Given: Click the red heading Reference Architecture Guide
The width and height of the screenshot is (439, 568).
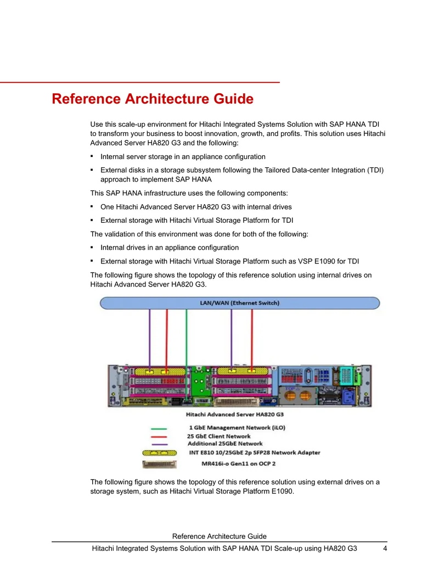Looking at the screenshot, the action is click(153, 99).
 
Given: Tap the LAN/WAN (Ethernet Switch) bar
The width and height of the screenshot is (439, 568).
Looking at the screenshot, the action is click(240, 303).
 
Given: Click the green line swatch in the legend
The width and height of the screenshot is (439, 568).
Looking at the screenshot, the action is click(159, 429).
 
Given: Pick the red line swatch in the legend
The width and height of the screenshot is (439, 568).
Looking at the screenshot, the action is click(159, 436).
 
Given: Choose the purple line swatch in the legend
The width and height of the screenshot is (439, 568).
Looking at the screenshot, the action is click(159, 444).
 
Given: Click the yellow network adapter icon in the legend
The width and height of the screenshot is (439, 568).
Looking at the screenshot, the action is click(159, 453).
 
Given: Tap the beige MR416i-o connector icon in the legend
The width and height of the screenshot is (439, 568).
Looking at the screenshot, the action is click(159, 464).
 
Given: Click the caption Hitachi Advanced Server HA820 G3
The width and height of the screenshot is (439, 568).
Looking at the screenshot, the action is click(235, 414).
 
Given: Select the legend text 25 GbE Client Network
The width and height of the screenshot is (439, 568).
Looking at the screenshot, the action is click(219, 436).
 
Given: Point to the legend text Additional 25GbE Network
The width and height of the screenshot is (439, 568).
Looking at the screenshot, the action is click(225, 443).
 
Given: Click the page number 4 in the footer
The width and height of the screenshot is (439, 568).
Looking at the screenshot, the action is click(385, 548).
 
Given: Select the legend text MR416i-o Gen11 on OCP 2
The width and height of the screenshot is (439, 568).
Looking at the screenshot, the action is click(238, 464).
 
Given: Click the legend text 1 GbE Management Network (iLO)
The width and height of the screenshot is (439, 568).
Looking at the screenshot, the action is click(237, 428).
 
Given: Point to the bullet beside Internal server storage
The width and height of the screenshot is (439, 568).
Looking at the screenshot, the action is click(92, 156).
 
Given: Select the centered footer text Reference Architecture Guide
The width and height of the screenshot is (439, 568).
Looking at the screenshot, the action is click(219, 536).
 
